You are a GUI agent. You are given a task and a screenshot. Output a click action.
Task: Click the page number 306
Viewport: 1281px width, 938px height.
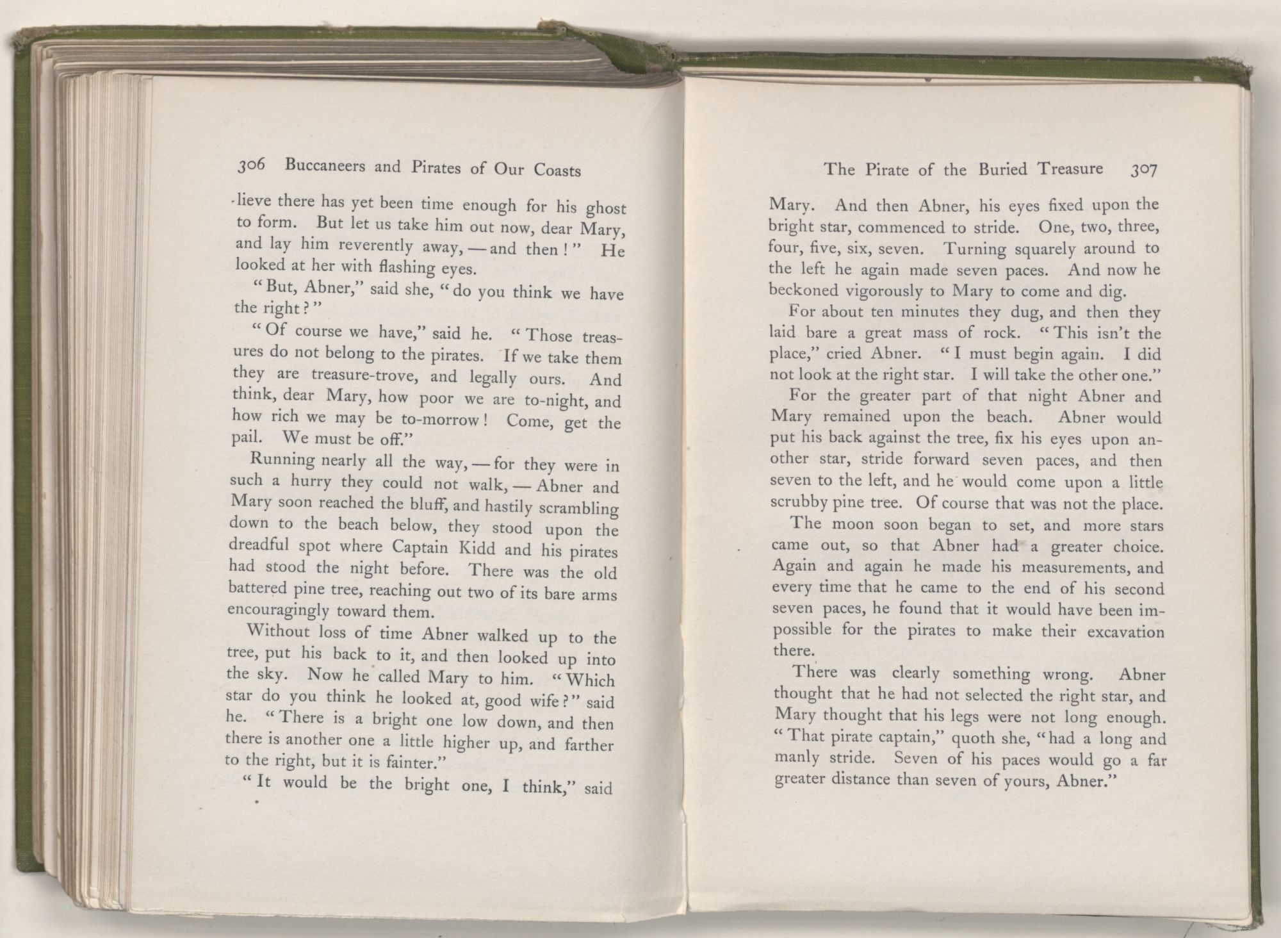(251, 167)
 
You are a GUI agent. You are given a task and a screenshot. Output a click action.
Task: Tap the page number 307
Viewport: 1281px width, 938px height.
(1144, 170)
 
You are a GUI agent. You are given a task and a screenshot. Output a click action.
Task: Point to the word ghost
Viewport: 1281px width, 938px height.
(606, 210)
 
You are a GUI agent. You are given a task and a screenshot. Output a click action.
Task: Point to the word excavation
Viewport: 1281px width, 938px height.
(1123, 632)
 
